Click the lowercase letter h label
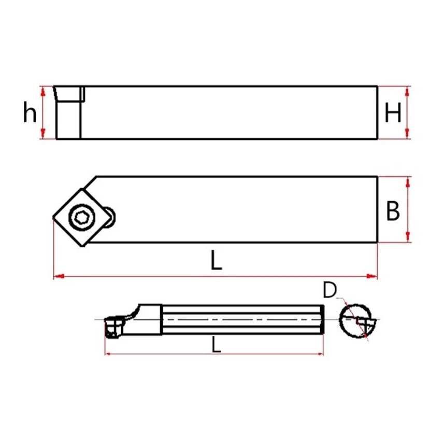coord(30,112)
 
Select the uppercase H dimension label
coord(393,112)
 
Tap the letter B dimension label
coord(393,211)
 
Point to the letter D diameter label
coord(330,290)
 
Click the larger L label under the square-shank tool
coord(217,260)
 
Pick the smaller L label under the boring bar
coord(217,345)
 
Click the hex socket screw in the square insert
coord(82,217)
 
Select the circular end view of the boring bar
coord(355,321)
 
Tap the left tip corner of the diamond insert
coord(53,218)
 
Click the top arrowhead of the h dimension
coord(43,91)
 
